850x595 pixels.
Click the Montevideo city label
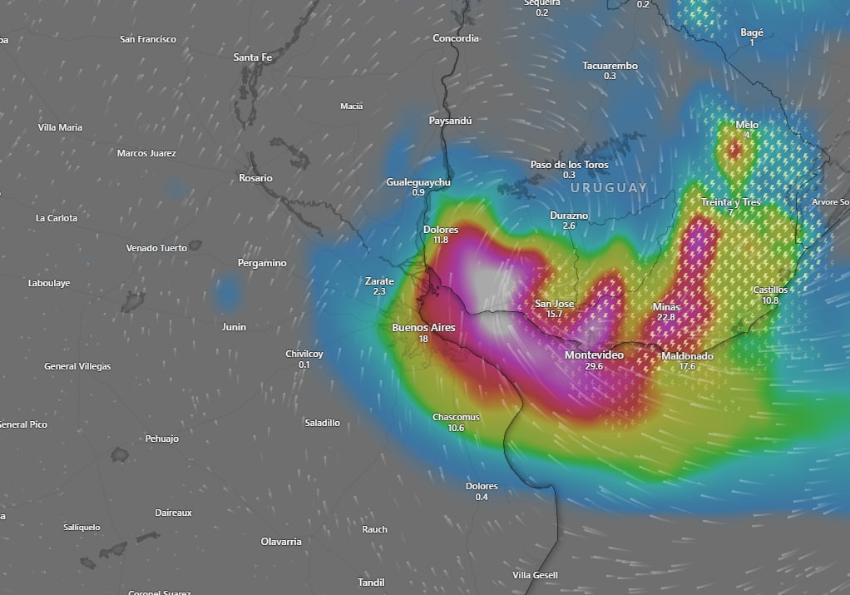[594, 355]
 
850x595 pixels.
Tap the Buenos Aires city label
[423, 328]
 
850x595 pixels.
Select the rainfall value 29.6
[594, 367]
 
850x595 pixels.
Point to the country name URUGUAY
[609, 188]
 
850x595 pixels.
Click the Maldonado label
[687, 356]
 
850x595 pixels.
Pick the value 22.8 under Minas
[666, 318]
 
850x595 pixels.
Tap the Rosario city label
[255, 178]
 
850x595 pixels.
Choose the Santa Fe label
[252, 57]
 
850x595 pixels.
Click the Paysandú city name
[450, 121]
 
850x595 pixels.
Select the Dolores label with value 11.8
[441, 230]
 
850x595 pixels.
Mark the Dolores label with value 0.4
[482, 486]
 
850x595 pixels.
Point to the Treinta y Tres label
[730, 202]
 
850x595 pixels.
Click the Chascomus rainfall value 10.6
[456, 429]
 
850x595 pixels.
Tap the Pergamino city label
[262, 263]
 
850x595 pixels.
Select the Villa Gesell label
[536, 575]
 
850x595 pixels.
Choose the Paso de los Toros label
[570, 165]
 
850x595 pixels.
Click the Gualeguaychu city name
[418, 182]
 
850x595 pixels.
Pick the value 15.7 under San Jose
[555, 315]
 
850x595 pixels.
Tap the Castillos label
[770, 290]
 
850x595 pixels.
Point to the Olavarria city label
[281, 542]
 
